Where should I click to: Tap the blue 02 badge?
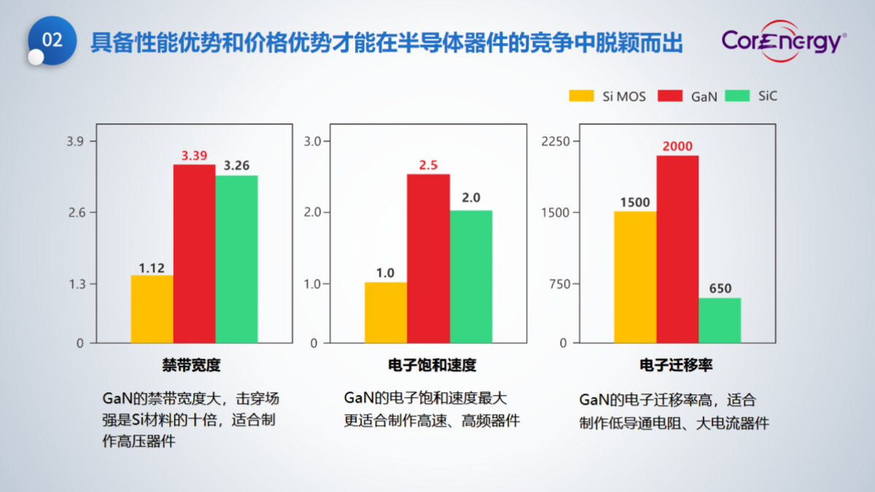tap(52, 41)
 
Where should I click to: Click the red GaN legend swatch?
tap(670, 95)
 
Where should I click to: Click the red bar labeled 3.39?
tap(194, 254)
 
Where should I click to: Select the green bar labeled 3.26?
tap(236, 259)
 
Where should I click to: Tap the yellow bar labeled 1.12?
tap(152, 309)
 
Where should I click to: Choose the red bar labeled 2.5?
tap(428, 259)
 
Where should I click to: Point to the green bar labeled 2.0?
tap(470, 277)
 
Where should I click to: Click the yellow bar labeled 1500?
tap(634, 277)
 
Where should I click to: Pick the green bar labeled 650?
tap(719, 320)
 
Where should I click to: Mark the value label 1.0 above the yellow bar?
tap(385, 273)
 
